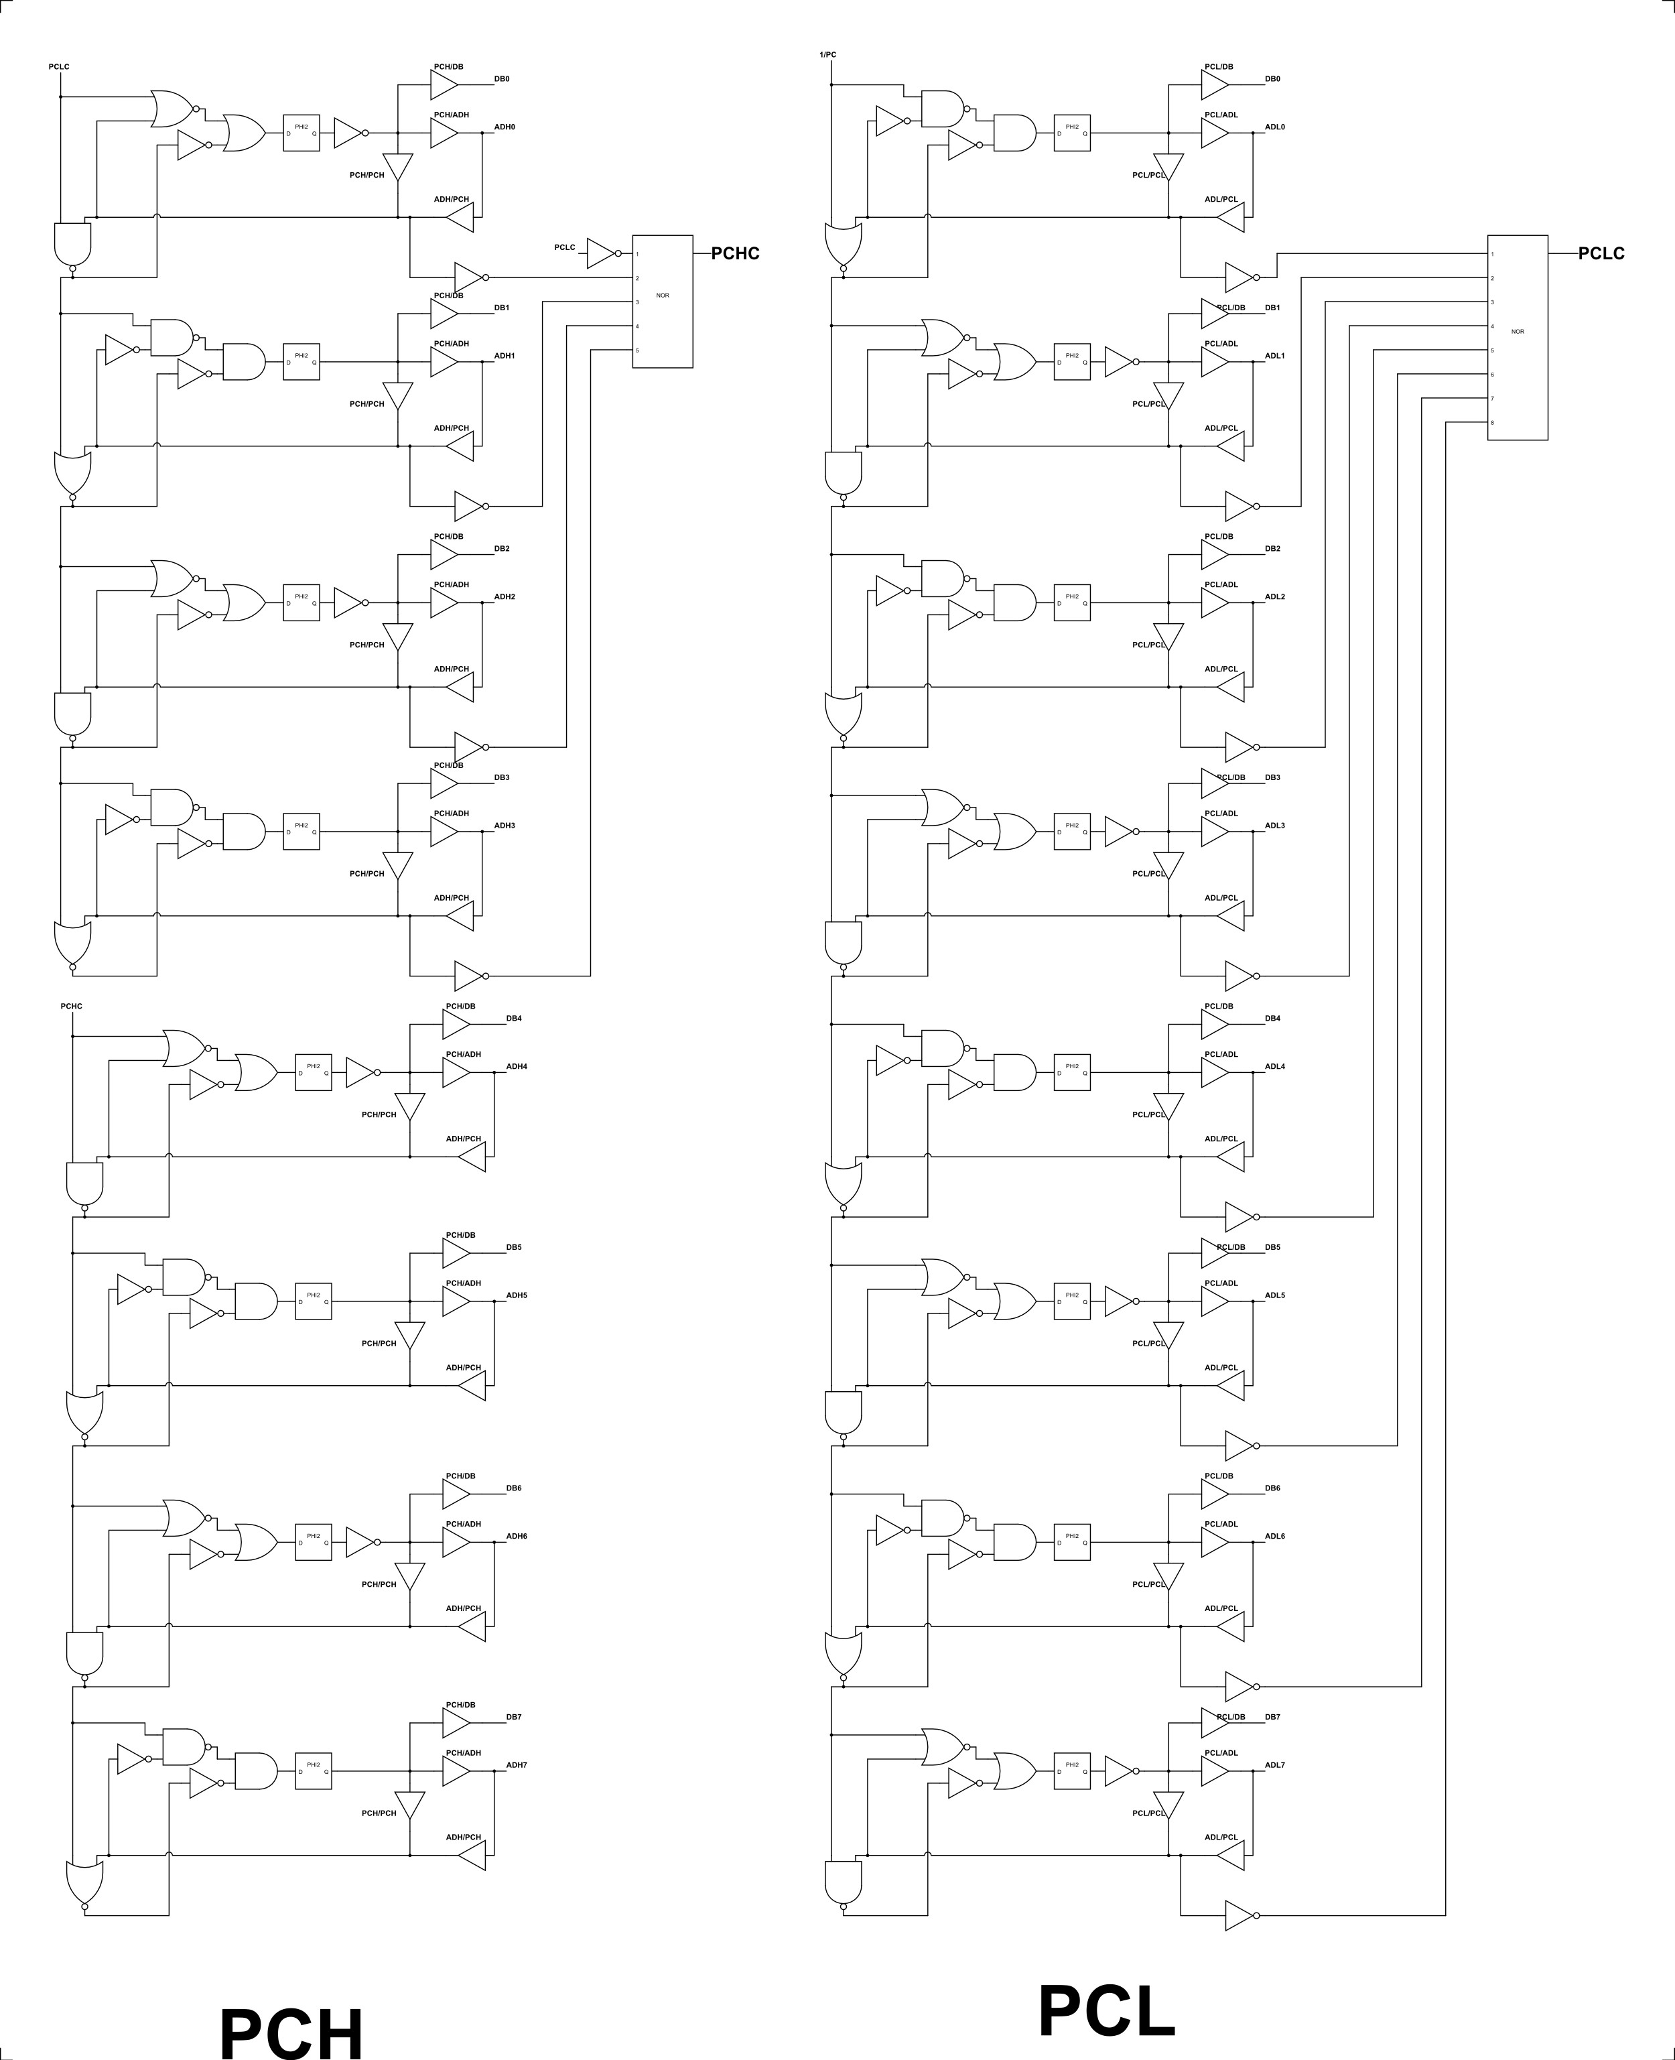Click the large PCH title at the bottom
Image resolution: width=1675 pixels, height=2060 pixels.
(x=291, y=2027)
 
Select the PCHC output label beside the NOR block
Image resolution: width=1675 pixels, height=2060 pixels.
(x=735, y=254)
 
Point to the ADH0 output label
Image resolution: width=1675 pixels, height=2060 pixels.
(x=505, y=127)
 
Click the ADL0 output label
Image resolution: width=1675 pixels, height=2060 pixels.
(x=1274, y=127)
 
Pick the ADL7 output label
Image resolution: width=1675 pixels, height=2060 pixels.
(x=1274, y=1764)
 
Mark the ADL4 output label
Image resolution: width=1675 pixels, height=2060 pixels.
(x=1274, y=1066)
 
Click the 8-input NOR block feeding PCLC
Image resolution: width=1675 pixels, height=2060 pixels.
(x=1518, y=338)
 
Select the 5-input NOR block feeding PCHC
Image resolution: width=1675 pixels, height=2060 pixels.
(x=663, y=301)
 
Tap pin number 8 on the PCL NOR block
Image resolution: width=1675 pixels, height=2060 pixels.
(x=1493, y=423)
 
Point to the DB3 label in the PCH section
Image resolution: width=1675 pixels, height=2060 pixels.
(x=502, y=777)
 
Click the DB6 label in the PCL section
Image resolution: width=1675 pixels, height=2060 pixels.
(x=1272, y=1488)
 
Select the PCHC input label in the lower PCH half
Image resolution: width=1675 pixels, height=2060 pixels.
(x=72, y=1007)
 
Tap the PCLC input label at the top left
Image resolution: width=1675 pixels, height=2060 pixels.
(x=59, y=66)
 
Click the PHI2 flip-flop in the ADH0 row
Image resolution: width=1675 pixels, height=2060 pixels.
(x=301, y=132)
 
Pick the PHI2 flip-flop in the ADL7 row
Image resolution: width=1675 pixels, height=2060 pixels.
(x=1072, y=1771)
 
